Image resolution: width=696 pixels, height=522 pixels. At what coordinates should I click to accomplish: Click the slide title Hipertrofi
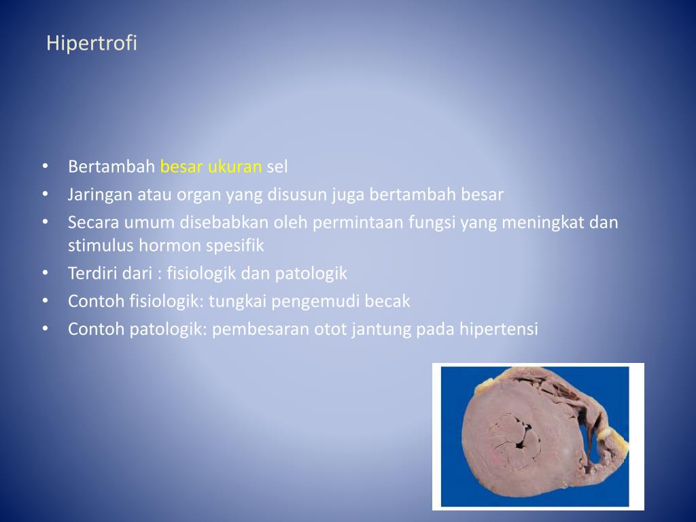(92, 43)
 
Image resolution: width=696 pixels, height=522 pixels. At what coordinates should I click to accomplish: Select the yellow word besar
(181, 167)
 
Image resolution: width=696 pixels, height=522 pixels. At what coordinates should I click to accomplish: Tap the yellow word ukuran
(234, 167)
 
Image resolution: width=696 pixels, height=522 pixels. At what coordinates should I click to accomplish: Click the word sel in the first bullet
(277, 167)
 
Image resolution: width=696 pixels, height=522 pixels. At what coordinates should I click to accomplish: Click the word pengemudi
(313, 301)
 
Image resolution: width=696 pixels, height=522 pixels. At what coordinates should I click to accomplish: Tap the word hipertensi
(498, 330)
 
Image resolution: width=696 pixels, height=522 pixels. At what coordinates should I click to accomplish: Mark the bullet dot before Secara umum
(45, 222)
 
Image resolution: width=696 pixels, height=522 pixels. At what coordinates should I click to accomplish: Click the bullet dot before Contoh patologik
(45, 329)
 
